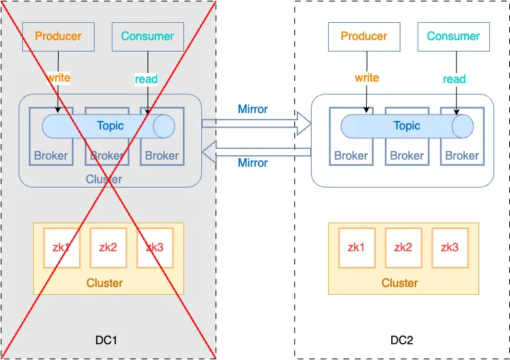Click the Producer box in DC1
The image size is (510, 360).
coord(58,37)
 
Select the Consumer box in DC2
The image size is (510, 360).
coord(453,37)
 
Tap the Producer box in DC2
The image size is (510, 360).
coord(364,37)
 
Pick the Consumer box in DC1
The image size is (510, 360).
coord(148,37)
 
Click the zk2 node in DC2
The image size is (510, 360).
coord(403,248)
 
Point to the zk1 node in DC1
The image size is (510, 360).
coord(62,248)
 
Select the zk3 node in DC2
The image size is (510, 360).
coord(450,248)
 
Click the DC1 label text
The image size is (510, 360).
coord(106,340)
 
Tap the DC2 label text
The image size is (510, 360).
coord(402,340)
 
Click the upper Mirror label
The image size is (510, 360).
coord(253,110)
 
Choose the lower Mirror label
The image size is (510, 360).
coord(253,162)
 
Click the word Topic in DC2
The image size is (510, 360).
coord(407,126)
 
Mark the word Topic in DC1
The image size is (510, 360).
coord(110,126)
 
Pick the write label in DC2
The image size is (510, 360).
coord(367,78)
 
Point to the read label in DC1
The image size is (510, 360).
coord(146,79)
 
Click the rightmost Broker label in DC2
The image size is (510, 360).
coord(462,155)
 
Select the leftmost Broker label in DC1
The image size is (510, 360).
coord(51,155)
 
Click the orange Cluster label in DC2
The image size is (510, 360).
coord(400,283)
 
